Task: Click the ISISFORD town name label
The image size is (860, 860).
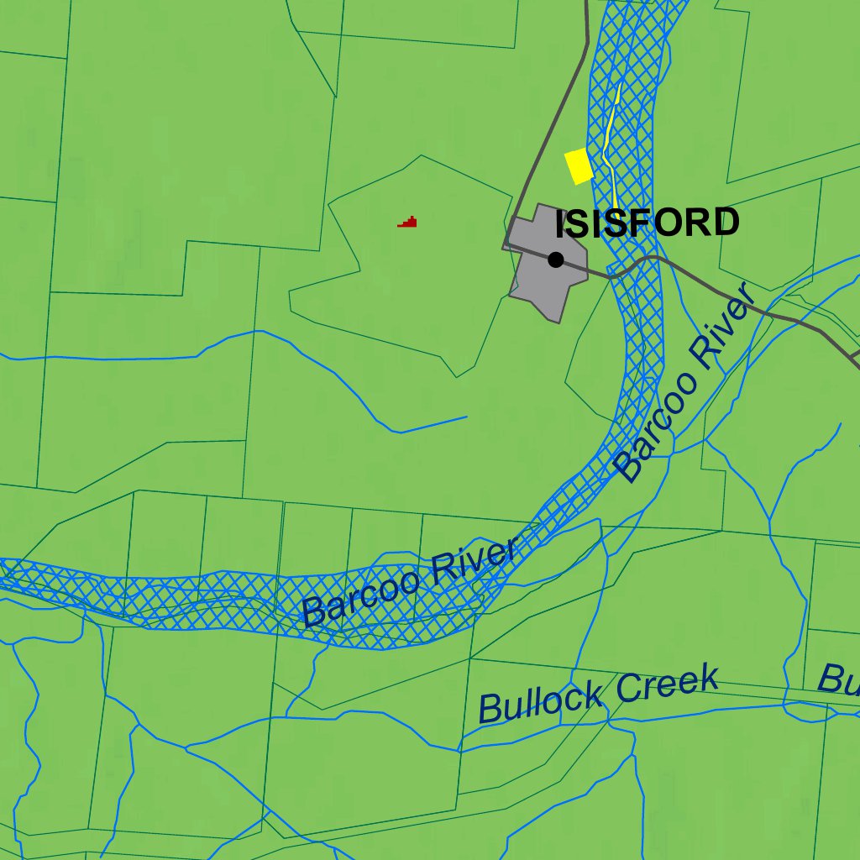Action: coord(648,223)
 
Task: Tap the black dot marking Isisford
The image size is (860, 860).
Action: coord(555,260)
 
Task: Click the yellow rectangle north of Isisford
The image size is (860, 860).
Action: coord(579,165)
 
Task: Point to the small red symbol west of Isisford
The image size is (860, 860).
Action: coord(408,223)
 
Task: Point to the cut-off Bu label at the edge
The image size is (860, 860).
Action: coord(839,679)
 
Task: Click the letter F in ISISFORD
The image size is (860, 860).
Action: coord(637,223)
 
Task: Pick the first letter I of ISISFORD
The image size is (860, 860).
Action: coord(561,223)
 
